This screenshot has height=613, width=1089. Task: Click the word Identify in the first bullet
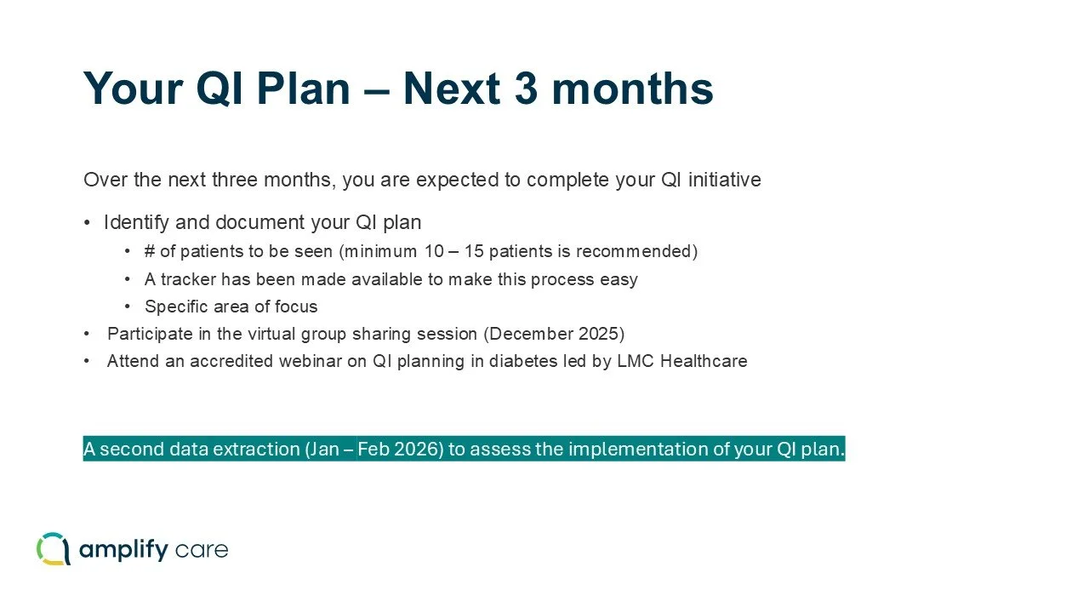click(135, 223)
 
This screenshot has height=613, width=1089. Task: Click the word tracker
click(188, 279)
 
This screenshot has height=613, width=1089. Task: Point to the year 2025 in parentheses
click(599, 334)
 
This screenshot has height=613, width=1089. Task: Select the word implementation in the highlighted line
click(636, 450)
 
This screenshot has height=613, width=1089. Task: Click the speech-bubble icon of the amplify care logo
click(53, 549)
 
